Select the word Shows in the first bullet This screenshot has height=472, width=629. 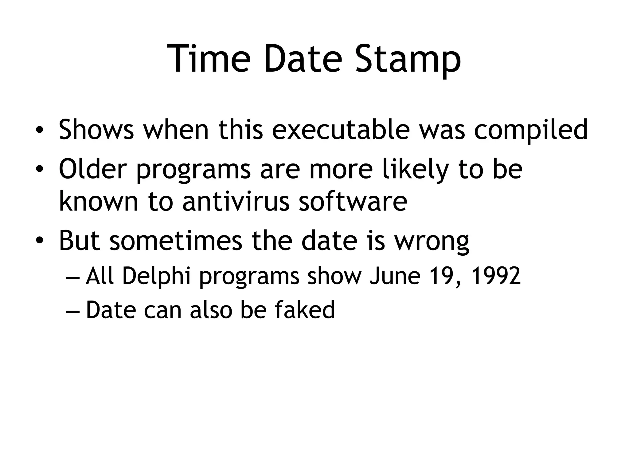tap(96, 129)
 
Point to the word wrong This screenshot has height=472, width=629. tap(432, 242)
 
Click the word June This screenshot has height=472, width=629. tap(395, 276)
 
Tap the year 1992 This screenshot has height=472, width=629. tap(496, 276)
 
